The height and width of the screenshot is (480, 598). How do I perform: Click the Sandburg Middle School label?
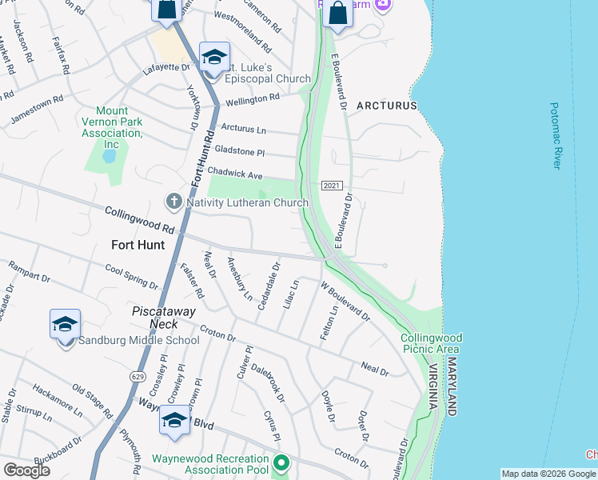pyautogui.click(x=139, y=341)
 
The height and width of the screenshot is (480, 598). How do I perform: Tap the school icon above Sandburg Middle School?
pyautogui.click(x=65, y=325)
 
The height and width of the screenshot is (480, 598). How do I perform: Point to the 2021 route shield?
pyautogui.click(x=332, y=186)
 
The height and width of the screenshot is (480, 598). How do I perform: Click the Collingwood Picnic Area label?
pyautogui.click(x=431, y=344)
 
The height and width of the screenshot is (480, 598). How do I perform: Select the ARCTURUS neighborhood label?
pyautogui.click(x=387, y=106)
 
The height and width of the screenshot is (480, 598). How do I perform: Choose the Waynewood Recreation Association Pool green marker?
pyautogui.click(x=281, y=462)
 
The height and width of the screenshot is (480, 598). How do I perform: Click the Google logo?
pyautogui.click(x=26, y=470)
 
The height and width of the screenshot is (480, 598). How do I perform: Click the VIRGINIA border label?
pyautogui.click(x=433, y=387)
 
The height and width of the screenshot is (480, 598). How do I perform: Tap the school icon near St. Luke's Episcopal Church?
pyautogui.click(x=213, y=58)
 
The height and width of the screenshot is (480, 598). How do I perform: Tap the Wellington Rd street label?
pyautogui.click(x=253, y=98)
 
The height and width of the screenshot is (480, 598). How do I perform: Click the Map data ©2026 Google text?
pyautogui.click(x=548, y=474)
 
